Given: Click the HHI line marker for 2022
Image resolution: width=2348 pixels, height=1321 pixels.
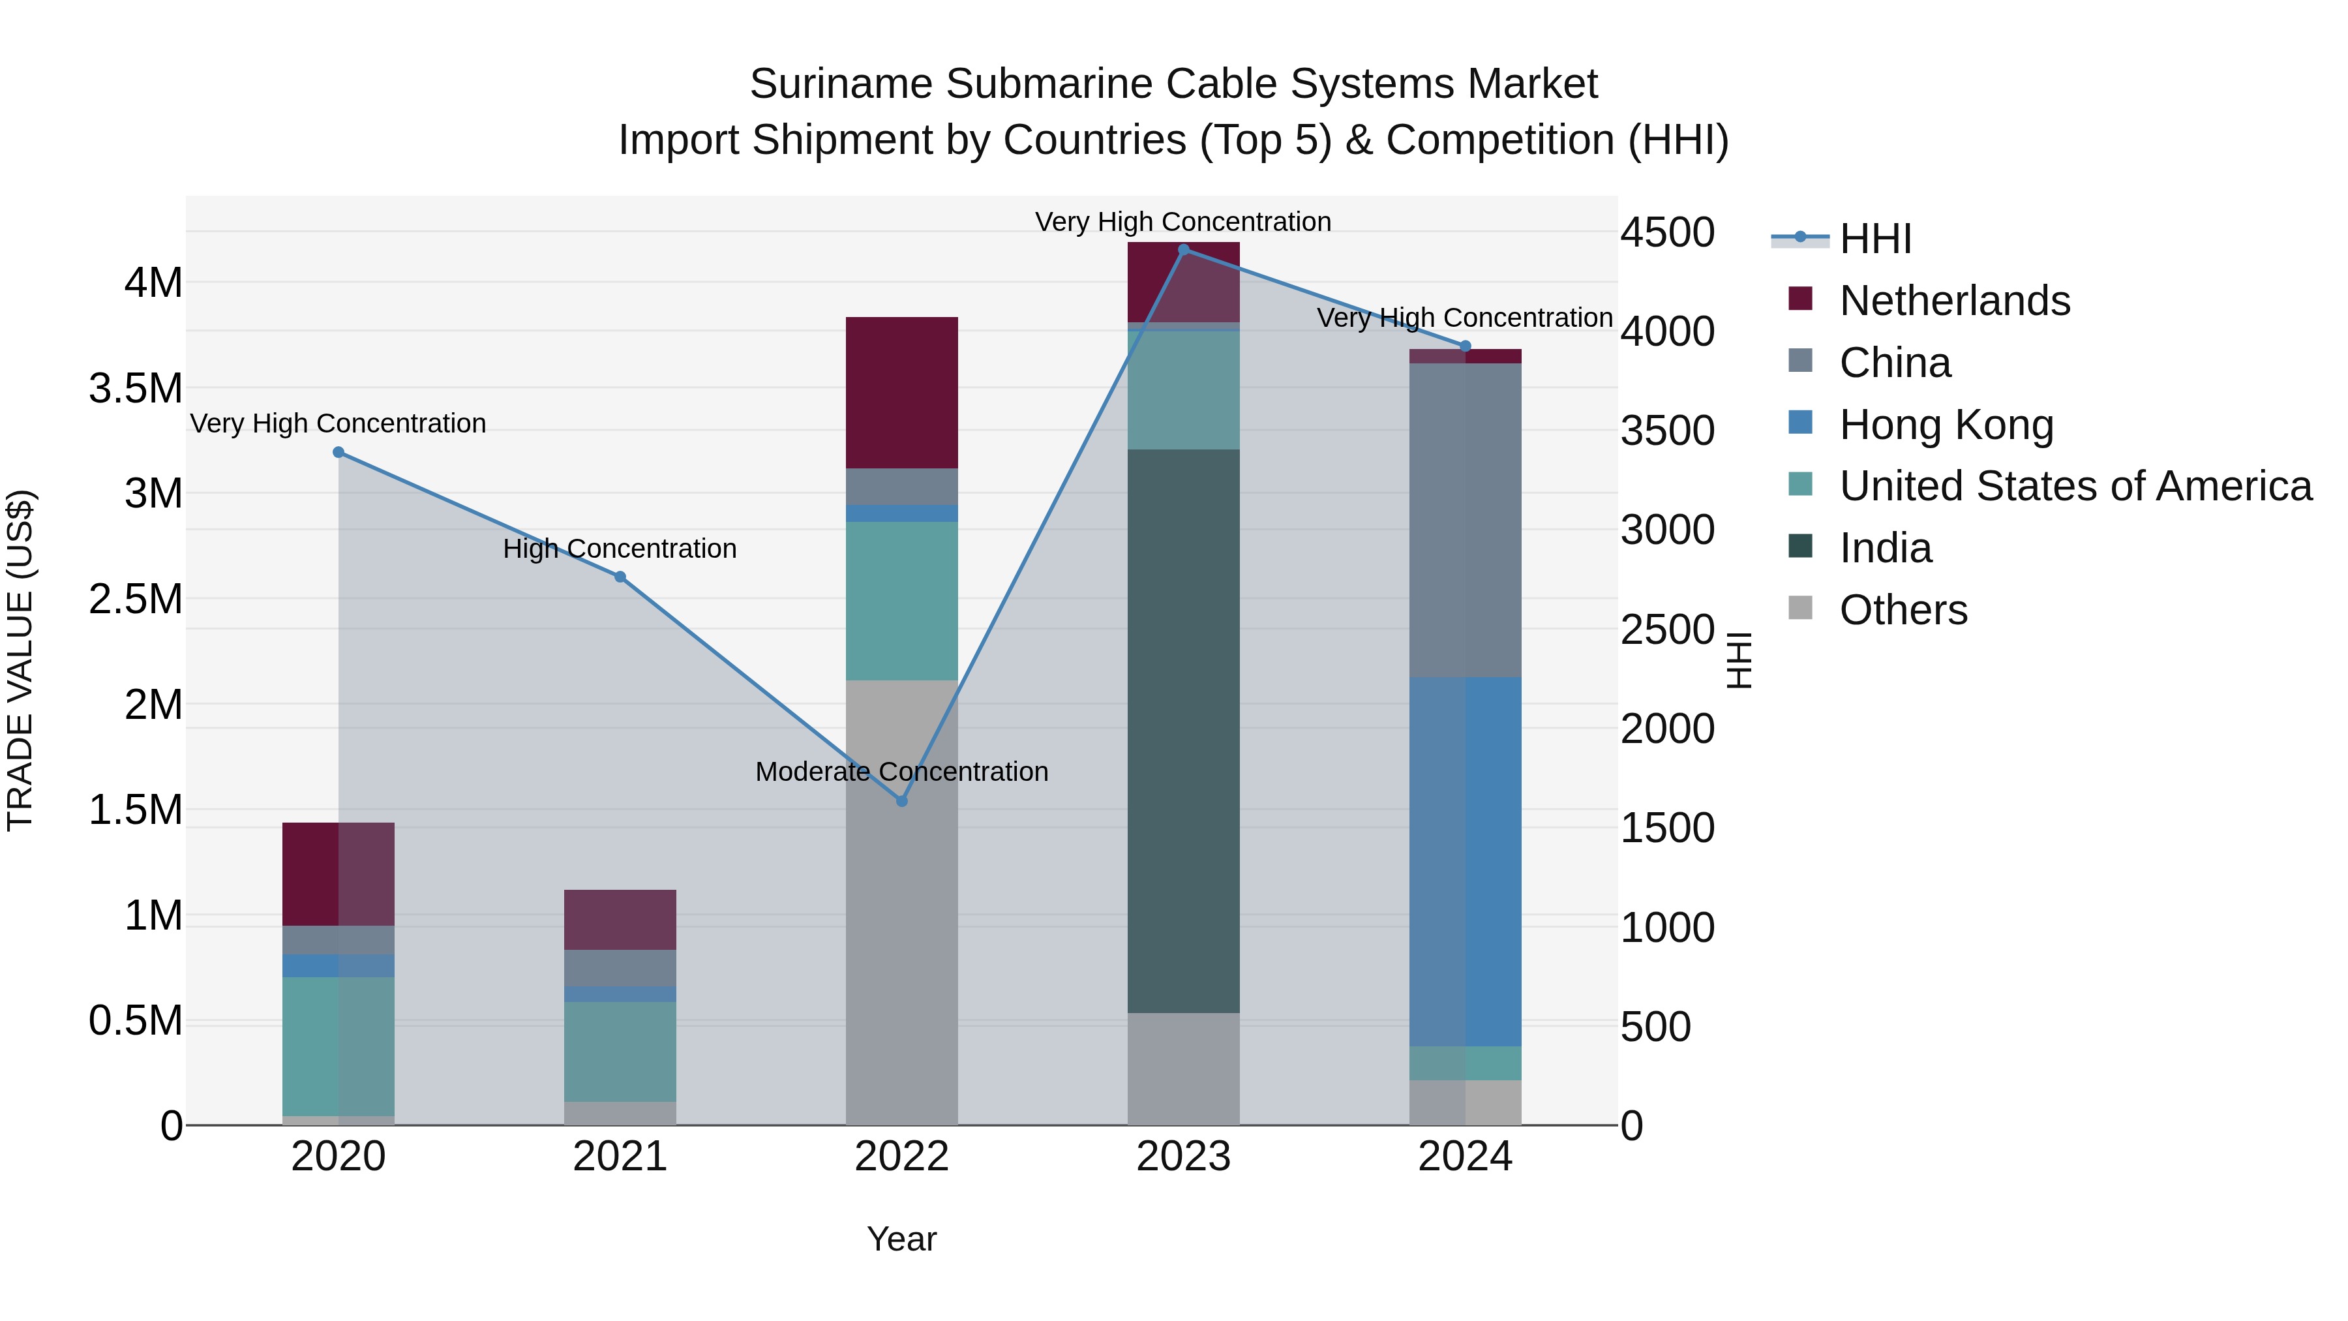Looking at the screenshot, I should [x=901, y=801].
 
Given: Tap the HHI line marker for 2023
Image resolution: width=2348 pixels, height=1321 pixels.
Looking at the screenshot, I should [x=1183, y=250].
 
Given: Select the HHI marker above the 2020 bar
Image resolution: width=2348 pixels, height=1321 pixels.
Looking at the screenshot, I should [x=338, y=452].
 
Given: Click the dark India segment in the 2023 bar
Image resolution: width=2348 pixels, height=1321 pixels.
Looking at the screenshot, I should [x=1183, y=729].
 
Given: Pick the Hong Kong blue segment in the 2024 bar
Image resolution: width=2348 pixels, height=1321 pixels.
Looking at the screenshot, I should [x=1465, y=862].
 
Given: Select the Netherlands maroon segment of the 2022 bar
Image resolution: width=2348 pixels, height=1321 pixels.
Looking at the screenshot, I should [x=901, y=392].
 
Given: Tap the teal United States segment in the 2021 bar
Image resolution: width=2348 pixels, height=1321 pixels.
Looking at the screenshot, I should [x=620, y=1051].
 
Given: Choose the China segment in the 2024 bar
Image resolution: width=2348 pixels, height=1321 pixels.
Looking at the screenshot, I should [x=1465, y=520].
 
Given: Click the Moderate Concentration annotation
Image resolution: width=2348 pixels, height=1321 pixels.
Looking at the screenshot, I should [x=901, y=772].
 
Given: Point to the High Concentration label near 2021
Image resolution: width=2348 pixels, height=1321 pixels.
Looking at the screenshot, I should [x=620, y=549].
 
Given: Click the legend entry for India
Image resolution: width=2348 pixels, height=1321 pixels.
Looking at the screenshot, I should [x=1885, y=548].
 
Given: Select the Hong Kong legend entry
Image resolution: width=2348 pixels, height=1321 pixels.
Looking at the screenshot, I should [x=1946, y=425].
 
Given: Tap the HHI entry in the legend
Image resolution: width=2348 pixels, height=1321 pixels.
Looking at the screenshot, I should [x=1875, y=239].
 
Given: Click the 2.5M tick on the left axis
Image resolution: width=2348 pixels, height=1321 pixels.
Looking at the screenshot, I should [x=135, y=599].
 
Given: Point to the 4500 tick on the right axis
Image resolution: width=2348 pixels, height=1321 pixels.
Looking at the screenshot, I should [x=1667, y=232].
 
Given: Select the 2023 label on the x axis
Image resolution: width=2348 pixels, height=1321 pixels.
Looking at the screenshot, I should [x=1183, y=1157].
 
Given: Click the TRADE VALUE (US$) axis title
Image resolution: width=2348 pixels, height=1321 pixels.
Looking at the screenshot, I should [x=20, y=660].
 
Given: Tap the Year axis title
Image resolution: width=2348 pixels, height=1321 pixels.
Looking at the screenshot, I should [x=901, y=1239].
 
